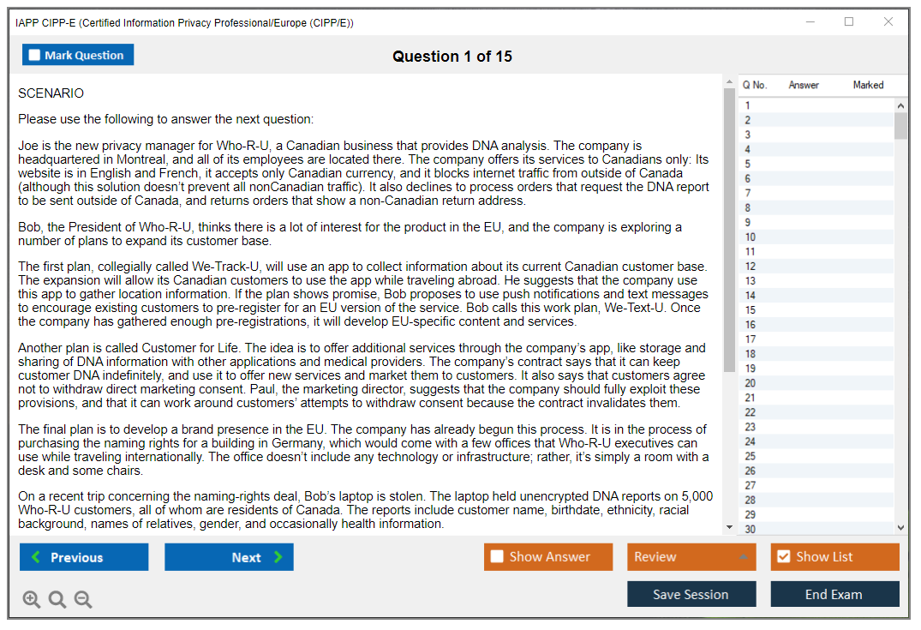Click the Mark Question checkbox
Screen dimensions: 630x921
click(34, 56)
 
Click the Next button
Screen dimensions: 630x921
click(229, 557)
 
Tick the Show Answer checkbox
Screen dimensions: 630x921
click(497, 557)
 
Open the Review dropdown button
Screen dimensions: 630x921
click(691, 557)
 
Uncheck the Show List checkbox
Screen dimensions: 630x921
click(783, 557)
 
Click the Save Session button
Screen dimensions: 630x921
click(691, 594)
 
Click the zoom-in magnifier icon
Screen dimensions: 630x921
click(32, 599)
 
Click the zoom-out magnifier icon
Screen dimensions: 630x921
click(83, 599)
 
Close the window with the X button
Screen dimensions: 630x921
click(888, 22)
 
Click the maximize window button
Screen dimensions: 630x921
click(849, 22)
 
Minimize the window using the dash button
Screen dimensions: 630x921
click(810, 22)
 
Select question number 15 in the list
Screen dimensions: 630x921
click(751, 310)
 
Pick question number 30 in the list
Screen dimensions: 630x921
click(751, 529)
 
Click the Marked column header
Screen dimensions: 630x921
click(868, 85)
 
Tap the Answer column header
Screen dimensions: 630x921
click(804, 85)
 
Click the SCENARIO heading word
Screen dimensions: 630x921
click(51, 93)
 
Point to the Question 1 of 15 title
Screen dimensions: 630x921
click(452, 57)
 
